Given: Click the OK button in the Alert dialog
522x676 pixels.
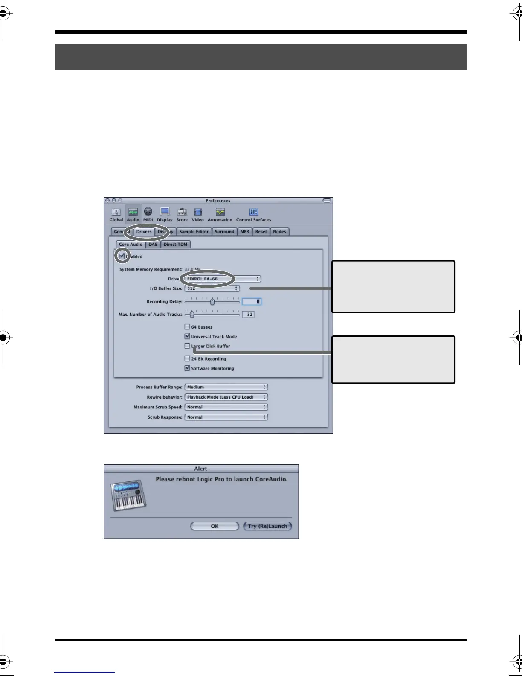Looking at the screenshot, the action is tap(215, 526).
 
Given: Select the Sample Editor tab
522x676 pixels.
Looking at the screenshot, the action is tap(194, 232).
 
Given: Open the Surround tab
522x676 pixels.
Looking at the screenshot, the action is tap(224, 232).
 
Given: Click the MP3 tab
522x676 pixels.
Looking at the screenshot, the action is tap(244, 232).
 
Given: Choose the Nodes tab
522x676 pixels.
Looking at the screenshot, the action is tap(279, 232).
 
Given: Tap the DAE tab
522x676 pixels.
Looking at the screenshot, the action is tap(153, 245).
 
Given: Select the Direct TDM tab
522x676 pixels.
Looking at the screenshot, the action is tap(175, 245).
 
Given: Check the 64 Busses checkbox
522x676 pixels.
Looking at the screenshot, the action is tap(187, 327).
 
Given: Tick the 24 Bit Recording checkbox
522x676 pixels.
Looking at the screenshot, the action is tap(187, 359).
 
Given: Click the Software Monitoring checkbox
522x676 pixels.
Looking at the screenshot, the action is tap(187, 368).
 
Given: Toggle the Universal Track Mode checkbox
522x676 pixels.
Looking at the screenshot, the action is tap(187, 336).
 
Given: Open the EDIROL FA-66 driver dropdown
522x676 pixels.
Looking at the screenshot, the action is tap(223, 279).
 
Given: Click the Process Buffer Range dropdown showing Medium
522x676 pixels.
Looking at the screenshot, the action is tap(226, 387).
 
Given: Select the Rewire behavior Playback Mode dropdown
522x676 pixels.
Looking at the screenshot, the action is tap(226, 397).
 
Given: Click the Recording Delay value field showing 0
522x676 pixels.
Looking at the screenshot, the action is tap(252, 302).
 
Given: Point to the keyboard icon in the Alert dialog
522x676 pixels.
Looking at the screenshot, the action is tap(128, 496).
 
